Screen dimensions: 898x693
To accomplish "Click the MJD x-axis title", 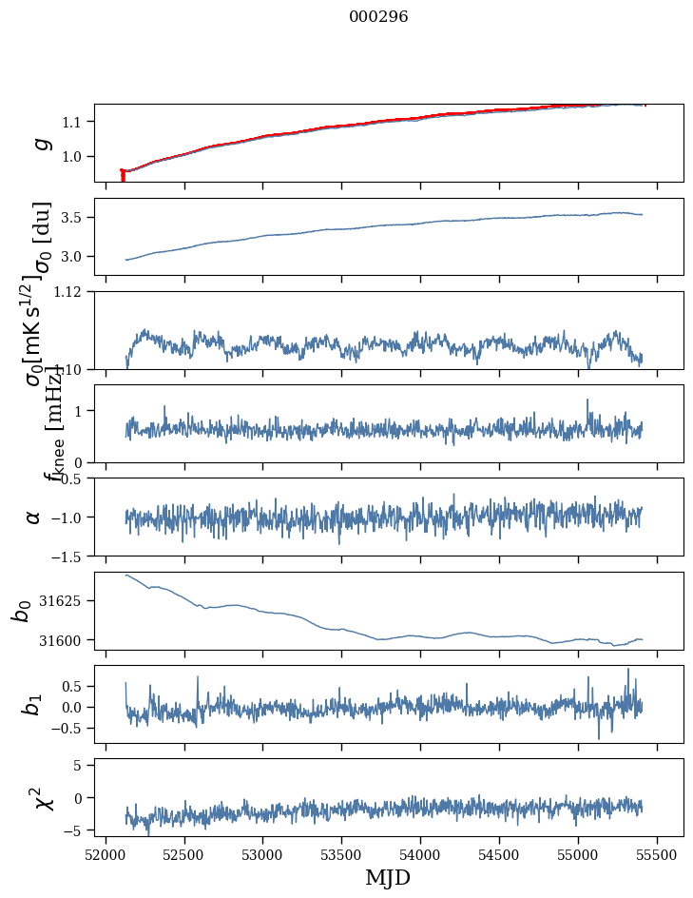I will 388,877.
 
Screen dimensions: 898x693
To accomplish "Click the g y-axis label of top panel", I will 40,143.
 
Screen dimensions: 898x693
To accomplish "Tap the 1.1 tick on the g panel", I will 74,122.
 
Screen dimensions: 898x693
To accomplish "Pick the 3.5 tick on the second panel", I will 74,218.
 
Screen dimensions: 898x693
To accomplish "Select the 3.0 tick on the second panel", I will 74,257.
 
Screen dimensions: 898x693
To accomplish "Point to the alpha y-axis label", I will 34,517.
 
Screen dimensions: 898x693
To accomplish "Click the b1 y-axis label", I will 33,705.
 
